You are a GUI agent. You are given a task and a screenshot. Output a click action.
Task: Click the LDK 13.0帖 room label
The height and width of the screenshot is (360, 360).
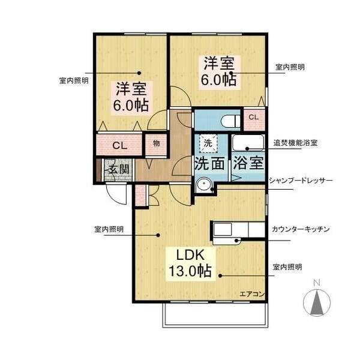[190, 263]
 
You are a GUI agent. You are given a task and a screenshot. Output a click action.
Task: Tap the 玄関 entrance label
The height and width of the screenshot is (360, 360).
[119, 169]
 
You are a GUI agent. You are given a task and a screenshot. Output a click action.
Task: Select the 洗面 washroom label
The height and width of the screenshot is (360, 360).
[209, 163]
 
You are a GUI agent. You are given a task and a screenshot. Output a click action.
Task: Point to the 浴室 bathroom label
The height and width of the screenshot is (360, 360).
[248, 163]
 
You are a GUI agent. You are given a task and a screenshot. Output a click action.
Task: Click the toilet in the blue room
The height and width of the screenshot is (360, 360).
[230, 121]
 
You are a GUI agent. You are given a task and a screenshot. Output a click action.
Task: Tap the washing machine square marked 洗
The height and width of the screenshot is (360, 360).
[208, 143]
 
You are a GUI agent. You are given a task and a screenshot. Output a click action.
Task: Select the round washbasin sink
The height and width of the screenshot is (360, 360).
[203, 184]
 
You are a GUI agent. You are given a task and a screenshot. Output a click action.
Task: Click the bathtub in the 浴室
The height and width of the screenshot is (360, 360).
[247, 143]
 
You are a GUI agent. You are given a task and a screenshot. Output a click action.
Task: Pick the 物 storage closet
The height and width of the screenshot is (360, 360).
[156, 145]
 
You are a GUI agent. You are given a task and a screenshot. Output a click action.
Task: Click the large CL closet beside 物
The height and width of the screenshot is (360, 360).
[119, 145]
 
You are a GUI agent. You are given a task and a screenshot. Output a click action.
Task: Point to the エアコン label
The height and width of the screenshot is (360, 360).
[253, 294]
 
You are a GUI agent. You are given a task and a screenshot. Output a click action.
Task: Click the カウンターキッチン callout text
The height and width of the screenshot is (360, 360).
[301, 229]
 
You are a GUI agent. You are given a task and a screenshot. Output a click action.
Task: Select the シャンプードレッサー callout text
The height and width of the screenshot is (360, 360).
[301, 181]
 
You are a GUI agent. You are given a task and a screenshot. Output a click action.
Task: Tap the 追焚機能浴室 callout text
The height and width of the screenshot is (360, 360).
[295, 143]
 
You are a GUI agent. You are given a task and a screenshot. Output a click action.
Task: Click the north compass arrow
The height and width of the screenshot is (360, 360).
[317, 302]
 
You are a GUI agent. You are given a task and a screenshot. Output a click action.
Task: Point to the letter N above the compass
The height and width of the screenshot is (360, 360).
[317, 283]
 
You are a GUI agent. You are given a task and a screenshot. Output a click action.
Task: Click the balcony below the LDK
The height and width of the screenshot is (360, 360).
[215, 315]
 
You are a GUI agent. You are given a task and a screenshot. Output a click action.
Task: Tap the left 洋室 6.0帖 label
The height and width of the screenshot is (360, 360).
[131, 97]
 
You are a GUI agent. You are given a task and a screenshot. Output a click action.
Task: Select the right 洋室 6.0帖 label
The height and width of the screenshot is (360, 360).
[219, 71]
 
